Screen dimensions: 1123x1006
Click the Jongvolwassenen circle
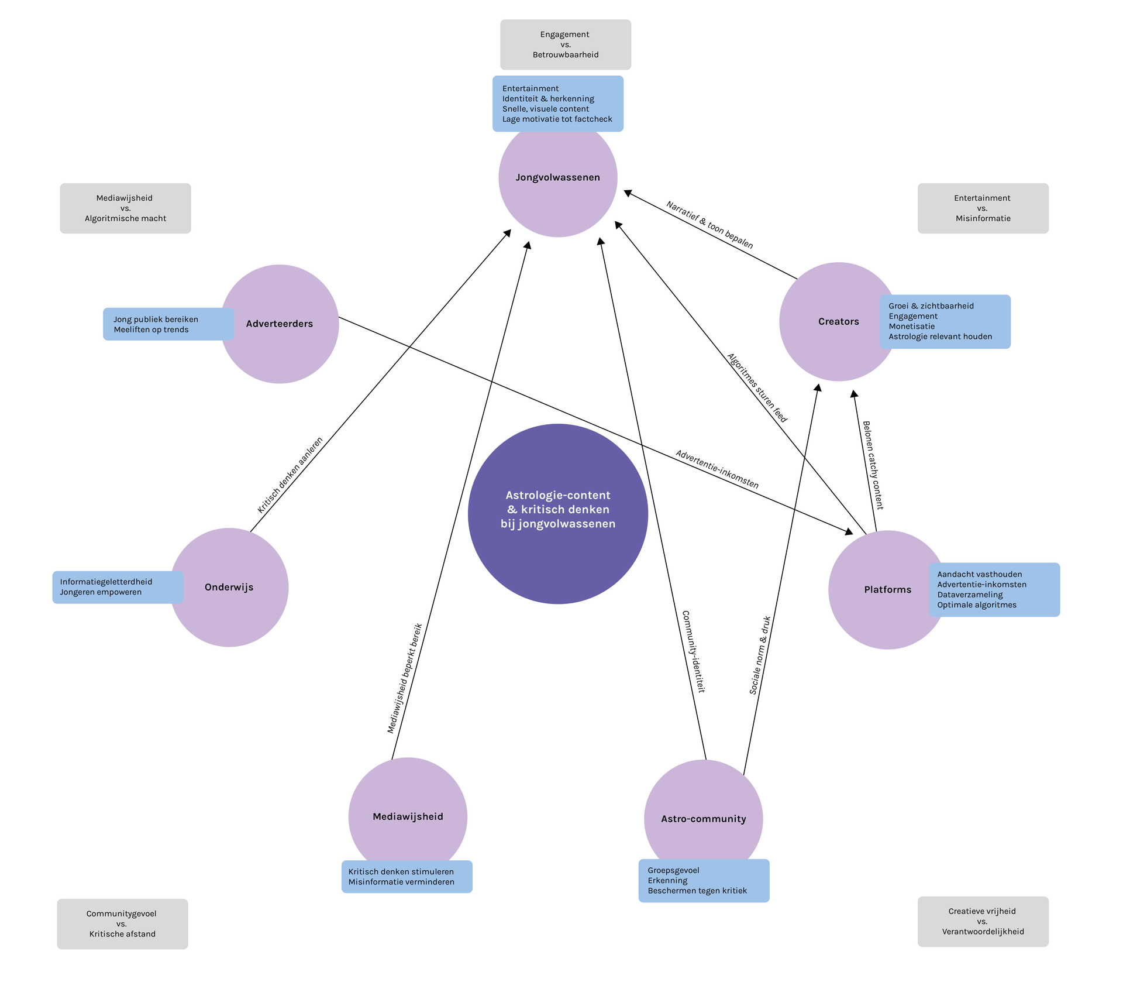(x=557, y=178)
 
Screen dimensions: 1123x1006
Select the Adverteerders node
(x=280, y=324)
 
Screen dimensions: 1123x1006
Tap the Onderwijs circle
(x=229, y=588)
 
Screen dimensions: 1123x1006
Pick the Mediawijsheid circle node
(x=408, y=817)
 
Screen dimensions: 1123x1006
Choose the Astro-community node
(x=704, y=819)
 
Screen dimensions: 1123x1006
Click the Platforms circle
(x=888, y=590)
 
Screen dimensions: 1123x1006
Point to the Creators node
(x=839, y=322)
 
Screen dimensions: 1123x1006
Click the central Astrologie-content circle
(x=558, y=514)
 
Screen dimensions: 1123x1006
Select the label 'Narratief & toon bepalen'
(x=709, y=225)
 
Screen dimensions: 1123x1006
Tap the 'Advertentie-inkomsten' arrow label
(x=717, y=469)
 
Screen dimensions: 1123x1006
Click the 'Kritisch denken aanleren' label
(x=290, y=475)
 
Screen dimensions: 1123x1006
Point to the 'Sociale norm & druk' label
(x=760, y=655)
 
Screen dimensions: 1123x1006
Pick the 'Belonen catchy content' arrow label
(x=873, y=465)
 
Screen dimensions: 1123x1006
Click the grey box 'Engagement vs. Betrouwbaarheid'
(x=566, y=44)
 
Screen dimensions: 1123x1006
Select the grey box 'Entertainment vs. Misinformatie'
(x=983, y=208)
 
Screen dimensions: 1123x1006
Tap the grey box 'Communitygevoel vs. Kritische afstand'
(x=122, y=924)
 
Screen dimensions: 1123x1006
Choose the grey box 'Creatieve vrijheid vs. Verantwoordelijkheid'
(x=983, y=922)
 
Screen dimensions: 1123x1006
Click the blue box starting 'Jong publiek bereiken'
(x=168, y=324)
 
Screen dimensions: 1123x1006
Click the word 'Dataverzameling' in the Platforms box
(x=970, y=595)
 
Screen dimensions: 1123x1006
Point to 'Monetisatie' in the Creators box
(x=912, y=327)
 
